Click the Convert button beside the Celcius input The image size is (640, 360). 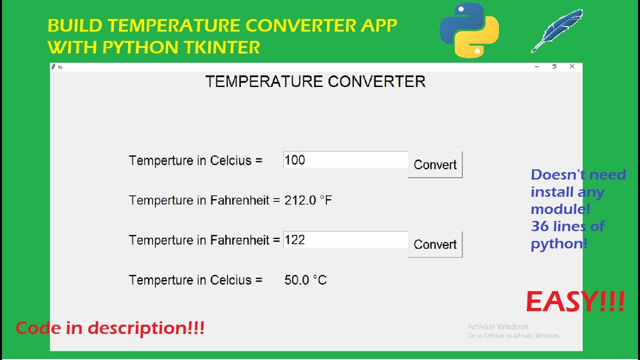[435, 164]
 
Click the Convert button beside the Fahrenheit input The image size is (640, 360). [435, 244]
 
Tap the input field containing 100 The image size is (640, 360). [345, 160]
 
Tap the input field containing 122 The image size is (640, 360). [345, 240]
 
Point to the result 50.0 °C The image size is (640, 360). [305, 280]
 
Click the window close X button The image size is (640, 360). [572, 66]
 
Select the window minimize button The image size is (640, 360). [536, 66]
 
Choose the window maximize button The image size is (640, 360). [554, 66]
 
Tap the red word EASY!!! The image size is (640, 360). [575, 302]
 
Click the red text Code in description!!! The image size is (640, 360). [110, 328]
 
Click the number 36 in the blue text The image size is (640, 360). [540, 226]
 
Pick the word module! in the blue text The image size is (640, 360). [560, 209]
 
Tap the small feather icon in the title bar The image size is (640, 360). [53, 66]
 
